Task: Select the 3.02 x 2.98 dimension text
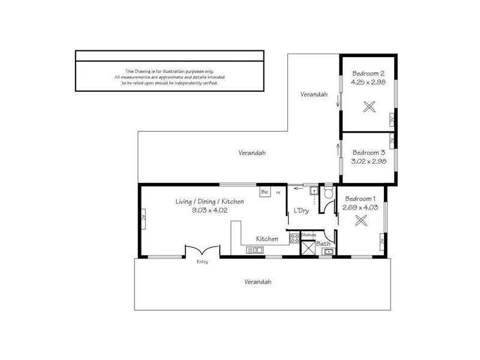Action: point(368,161)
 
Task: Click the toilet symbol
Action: point(328,193)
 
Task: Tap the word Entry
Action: point(202,262)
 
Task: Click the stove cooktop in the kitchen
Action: point(295,238)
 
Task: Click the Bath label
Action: point(323,244)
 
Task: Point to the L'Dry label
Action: point(301,211)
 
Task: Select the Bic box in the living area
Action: point(265,192)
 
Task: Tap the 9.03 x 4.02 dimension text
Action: point(209,210)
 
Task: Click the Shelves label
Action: point(308,235)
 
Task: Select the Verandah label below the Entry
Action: point(258,281)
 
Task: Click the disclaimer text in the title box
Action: point(169,77)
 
